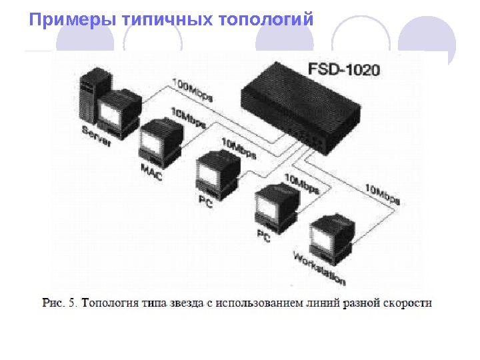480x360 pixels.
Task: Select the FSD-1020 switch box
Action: [300, 107]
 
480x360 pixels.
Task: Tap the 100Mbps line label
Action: [192, 91]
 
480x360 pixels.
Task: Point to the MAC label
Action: [151, 173]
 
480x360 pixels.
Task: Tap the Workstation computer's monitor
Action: [325, 237]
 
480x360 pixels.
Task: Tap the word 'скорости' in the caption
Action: [407, 303]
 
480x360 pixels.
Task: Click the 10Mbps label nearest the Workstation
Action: [381, 194]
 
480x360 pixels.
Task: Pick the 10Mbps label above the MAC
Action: [188, 117]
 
